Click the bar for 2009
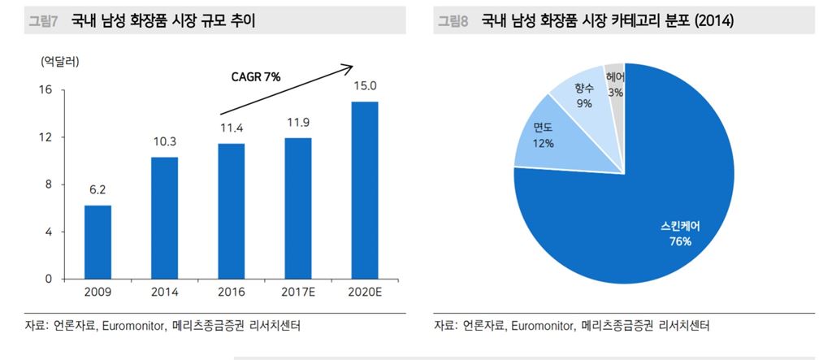coord(97,241)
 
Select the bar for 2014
coord(164,218)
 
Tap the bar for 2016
coord(232,211)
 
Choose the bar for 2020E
coord(364,190)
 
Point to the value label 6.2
coord(97,190)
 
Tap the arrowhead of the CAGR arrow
coord(350,67)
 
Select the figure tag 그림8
coord(453,22)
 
